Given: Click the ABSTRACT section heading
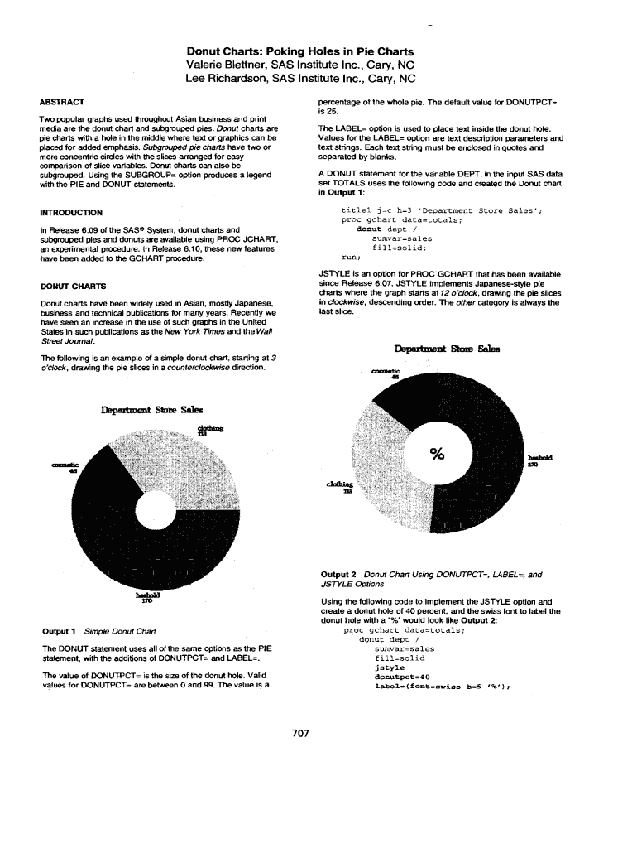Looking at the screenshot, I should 63,102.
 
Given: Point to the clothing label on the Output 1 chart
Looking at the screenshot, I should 205,431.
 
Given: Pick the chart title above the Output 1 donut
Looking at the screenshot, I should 151,409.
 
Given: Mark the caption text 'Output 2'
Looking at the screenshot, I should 338,572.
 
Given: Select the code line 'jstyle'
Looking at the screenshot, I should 390,667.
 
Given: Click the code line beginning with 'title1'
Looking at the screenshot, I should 441,210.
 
